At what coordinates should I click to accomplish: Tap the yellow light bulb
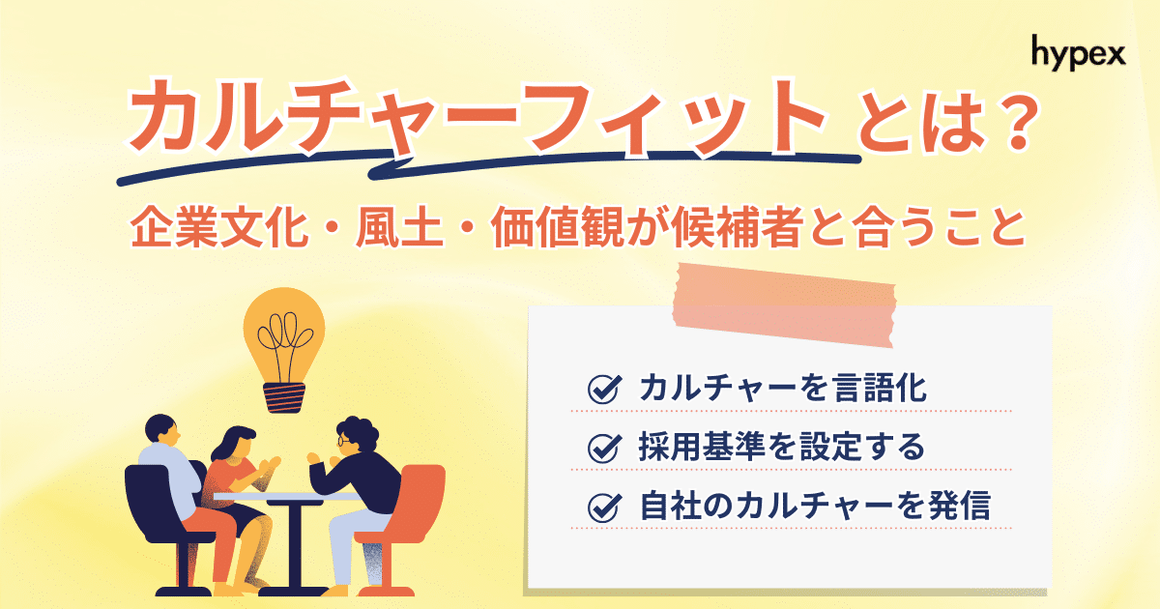(285, 333)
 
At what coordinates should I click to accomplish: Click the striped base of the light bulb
(284, 394)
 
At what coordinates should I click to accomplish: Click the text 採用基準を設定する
(781, 448)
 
